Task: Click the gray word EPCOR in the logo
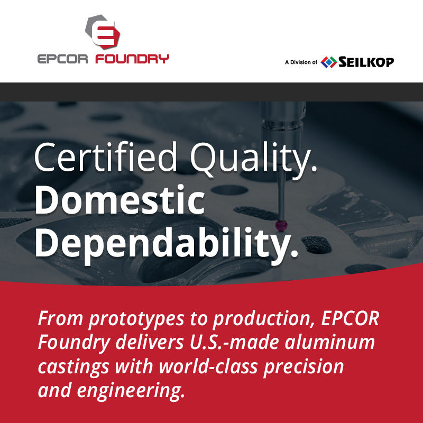pos(62,59)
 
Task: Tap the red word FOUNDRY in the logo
pos(132,59)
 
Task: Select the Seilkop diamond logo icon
pos(328,62)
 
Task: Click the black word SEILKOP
pos(366,62)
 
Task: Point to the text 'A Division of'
pos(301,62)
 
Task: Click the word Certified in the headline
pos(105,157)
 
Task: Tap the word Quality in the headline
pos(253,160)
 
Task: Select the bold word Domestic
pos(119,200)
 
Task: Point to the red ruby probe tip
pos(281,225)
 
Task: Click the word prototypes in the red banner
pos(136,320)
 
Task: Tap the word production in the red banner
pos(263,320)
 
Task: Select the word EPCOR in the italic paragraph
pos(350,319)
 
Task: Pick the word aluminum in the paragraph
pos(330,342)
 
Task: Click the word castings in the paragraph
pos(73,367)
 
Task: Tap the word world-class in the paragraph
pos(208,366)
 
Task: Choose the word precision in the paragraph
pos(304,367)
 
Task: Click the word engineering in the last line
pos(131,391)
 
